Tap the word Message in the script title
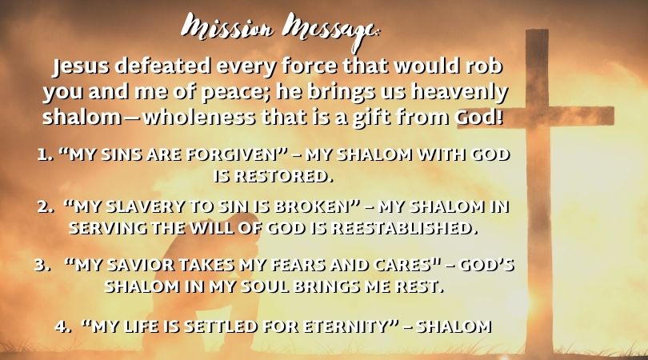coord(330,31)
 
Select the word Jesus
coord(81,67)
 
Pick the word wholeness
coord(199,117)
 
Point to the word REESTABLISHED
coord(402,228)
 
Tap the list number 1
coord(44,155)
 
